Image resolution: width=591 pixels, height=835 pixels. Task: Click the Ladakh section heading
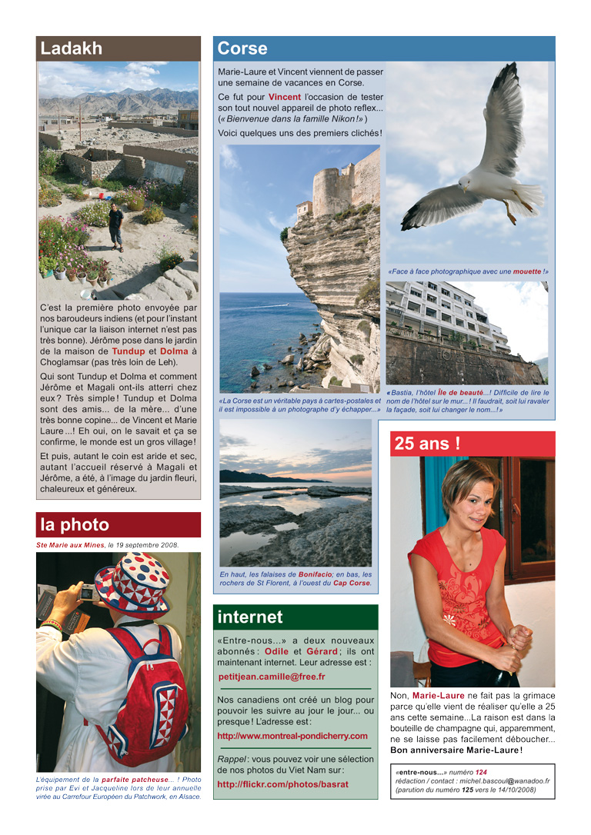(x=72, y=48)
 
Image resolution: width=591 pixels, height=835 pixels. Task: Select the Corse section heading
(x=242, y=48)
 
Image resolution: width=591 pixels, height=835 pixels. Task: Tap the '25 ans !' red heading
(x=427, y=443)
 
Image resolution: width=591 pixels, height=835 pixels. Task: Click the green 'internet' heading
(x=250, y=617)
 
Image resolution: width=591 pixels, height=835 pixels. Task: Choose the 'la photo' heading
(x=75, y=525)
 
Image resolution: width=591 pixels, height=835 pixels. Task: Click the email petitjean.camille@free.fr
(x=272, y=677)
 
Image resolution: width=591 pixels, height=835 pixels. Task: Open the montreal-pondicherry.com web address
(x=292, y=736)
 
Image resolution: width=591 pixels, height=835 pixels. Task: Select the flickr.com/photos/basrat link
(x=282, y=784)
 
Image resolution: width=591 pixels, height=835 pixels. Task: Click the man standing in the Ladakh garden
(x=115, y=225)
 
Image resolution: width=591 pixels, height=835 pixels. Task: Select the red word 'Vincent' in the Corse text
(x=284, y=97)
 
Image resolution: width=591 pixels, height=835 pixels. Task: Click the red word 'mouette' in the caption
(x=527, y=271)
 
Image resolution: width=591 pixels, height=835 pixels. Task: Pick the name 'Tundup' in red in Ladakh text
(x=128, y=351)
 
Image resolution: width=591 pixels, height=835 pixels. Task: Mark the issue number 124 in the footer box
(x=481, y=771)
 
